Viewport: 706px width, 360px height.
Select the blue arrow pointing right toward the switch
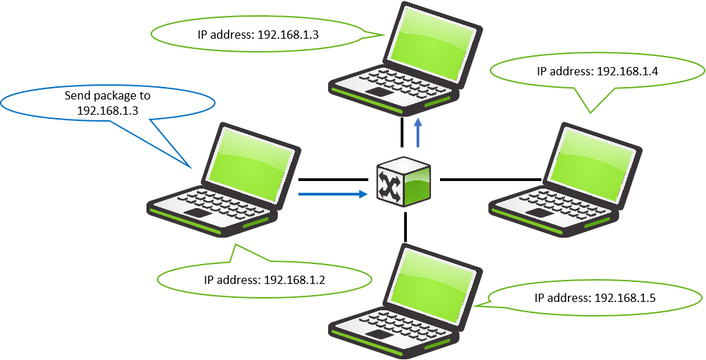(332, 195)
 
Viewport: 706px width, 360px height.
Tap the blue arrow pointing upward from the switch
(419, 133)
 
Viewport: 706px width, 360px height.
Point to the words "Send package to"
(107, 95)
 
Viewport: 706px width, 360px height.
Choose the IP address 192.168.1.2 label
(265, 280)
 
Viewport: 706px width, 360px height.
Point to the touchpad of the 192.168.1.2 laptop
(197, 213)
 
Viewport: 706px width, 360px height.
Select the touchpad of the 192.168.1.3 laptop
(379, 92)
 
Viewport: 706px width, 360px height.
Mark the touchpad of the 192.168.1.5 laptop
(379, 334)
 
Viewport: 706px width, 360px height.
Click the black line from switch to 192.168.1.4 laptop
(490, 180)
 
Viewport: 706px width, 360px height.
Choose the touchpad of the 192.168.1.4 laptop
(539, 213)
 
